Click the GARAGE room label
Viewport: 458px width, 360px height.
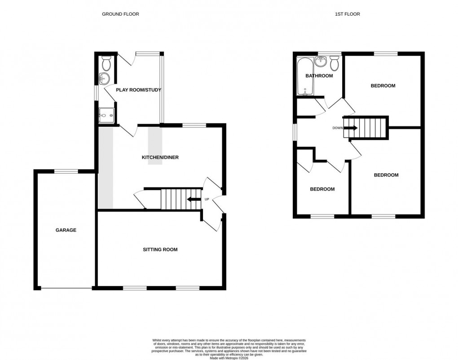tap(66, 230)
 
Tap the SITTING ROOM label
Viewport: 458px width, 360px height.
tap(160, 250)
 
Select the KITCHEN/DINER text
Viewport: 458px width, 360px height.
tap(160, 158)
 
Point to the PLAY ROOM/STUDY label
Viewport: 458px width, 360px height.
tap(138, 90)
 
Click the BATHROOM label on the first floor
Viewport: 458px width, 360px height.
tap(319, 76)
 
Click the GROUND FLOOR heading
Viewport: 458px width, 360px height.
tap(120, 14)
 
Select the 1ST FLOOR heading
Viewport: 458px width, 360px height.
tap(347, 14)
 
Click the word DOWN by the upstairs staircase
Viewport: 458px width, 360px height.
tap(338, 128)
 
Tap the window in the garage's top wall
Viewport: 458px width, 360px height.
tap(66, 171)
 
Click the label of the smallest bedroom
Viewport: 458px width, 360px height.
tap(322, 189)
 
